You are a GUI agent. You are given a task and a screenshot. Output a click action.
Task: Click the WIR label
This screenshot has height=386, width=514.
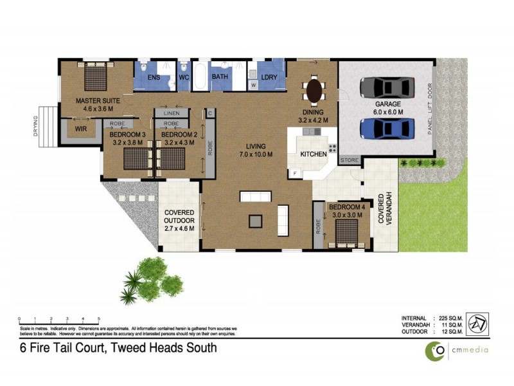tap(81, 129)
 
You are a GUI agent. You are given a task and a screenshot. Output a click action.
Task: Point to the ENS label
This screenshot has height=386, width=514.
tap(154, 77)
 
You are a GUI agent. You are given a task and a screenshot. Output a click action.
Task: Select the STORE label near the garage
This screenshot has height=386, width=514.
tap(349, 160)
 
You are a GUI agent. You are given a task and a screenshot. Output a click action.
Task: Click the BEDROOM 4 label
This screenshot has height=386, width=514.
tap(346, 207)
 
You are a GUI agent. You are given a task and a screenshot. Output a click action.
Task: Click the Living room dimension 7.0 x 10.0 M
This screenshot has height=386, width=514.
tap(256, 154)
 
